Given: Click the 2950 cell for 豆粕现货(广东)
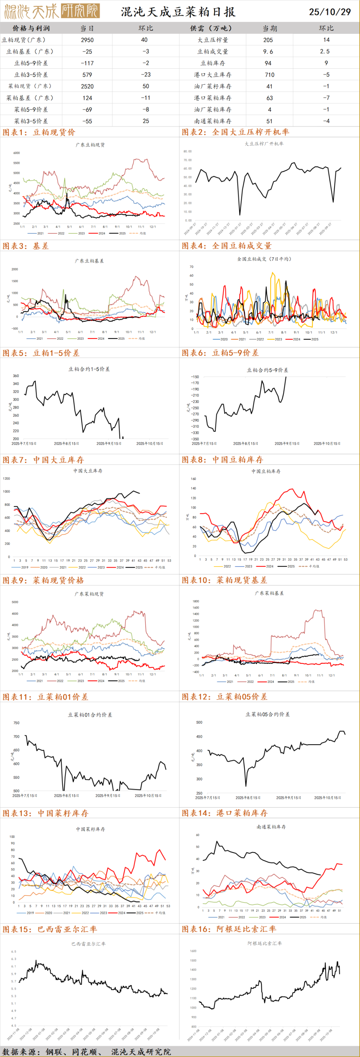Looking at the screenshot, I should (x=87, y=40).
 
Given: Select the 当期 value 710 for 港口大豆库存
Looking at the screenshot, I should (x=269, y=75).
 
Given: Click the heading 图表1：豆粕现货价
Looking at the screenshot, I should (x=39, y=132).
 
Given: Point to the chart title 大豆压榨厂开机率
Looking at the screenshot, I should (x=264, y=144).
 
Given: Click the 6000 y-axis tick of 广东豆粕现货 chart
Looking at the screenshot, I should (x=16, y=153).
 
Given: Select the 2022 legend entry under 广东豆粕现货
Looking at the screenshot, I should (x=61, y=234).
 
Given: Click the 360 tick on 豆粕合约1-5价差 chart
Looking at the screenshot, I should (x=16, y=376).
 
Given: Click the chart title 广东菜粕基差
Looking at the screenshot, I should (x=269, y=593).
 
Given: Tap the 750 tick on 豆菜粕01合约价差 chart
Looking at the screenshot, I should (x=16, y=723).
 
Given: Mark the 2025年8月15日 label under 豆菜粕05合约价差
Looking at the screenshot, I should (x=248, y=798).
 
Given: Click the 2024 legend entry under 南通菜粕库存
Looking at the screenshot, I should (x=282, y=917).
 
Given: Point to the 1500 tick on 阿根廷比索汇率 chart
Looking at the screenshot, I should (x=193, y=961).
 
